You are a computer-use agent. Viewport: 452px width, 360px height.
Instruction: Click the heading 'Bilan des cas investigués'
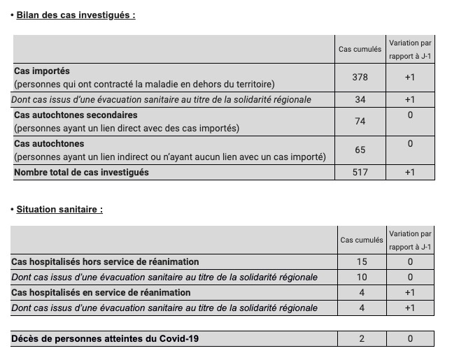[x=76, y=15]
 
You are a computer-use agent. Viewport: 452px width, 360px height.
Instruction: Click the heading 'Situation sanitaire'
[x=59, y=209]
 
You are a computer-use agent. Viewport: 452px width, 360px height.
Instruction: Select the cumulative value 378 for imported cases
[x=360, y=77]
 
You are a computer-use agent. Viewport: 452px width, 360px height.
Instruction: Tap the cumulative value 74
[x=360, y=121]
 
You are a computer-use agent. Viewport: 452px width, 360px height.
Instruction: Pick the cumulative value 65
[x=360, y=150]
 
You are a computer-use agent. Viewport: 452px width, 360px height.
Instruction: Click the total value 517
[x=360, y=172]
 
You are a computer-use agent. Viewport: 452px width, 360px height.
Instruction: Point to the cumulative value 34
[x=360, y=99]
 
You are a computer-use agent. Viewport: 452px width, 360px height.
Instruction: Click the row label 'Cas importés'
[x=42, y=71]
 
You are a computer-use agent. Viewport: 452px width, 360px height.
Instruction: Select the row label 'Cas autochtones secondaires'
[x=76, y=115]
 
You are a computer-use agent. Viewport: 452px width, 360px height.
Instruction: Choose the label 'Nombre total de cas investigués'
[x=81, y=172]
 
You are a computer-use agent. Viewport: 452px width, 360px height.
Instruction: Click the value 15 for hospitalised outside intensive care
[x=361, y=262]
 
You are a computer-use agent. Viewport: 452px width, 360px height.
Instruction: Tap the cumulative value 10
[x=361, y=277]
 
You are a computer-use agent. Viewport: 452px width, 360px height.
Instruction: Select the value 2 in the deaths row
[x=361, y=339]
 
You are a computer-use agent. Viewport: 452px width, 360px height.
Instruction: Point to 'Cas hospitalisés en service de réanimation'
[x=101, y=292]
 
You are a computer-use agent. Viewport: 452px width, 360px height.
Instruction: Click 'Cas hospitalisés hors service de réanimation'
[x=105, y=262]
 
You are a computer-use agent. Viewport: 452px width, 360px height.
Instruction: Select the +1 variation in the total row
[x=410, y=172]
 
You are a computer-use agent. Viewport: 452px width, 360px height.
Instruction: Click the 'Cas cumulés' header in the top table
[x=360, y=49]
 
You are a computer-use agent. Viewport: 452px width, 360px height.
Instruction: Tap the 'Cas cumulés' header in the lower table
[x=361, y=240]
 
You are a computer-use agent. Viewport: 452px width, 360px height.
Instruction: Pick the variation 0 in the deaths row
[x=410, y=339]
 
